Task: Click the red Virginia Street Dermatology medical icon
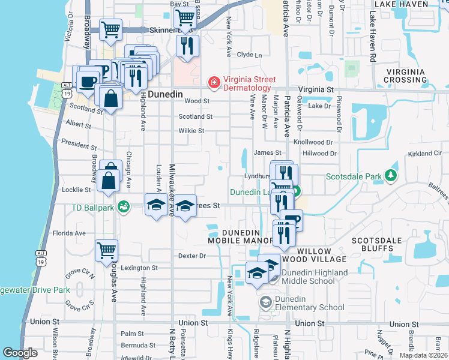pyautogui.click(x=212, y=83)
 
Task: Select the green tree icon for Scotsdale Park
pyautogui.click(x=391, y=175)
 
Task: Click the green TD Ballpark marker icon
pyautogui.click(x=124, y=206)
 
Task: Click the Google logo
pyautogui.click(x=20, y=353)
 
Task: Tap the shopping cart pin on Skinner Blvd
pyautogui.click(x=186, y=19)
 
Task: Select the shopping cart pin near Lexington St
pyautogui.click(x=106, y=250)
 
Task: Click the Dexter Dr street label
pyautogui.click(x=191, y=256)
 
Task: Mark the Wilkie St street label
pyautogui.click(x=191, y=130)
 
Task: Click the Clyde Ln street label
pyautogui.click(x=250, y=55)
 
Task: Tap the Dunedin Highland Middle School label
pyautogui.click(x=313, y=277)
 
